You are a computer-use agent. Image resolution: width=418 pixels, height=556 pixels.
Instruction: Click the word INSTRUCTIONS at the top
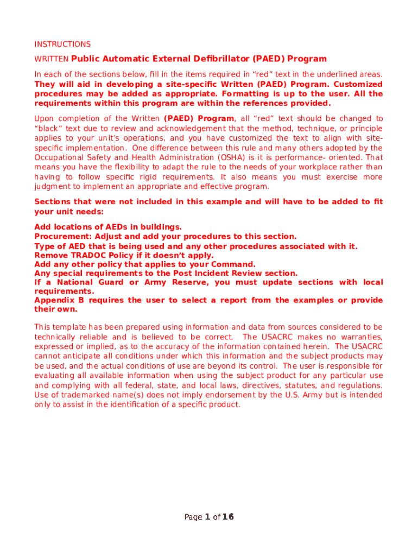point(62,44)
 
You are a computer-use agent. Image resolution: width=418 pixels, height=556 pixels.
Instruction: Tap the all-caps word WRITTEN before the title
point(52,59)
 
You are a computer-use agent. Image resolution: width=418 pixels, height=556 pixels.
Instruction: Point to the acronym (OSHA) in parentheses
point(214,157)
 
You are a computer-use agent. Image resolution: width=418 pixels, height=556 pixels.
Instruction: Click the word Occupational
point(58,157)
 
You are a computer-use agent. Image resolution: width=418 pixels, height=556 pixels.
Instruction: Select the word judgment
point(52,187)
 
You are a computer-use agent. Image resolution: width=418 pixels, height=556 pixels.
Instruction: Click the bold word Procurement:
point(64,237)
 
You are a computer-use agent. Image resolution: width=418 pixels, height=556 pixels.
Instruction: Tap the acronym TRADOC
point(85,255)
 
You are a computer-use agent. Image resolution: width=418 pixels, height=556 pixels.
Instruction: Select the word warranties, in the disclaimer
point(360,337)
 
